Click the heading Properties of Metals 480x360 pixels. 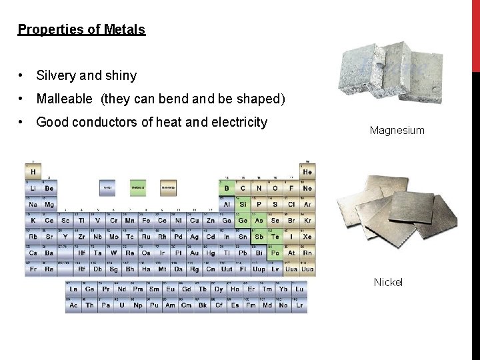(81, 29)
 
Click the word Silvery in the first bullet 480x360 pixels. (56, 75)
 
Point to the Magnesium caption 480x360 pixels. (397, 130)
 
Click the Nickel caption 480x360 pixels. (388, 282)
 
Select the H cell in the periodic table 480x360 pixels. (33, 171)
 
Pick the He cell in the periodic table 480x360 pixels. (307, 171)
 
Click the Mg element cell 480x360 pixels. (49, 204)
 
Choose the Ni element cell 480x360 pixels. (178, 220)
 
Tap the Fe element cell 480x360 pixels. (145, 220)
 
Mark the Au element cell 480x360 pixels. (194, 253)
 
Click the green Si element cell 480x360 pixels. (243, 204)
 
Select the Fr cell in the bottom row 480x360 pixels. (33, 269)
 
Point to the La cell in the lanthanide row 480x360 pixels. (73, 289)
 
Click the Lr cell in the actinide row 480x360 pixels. (300, 305)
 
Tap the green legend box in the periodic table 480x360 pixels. (137, 188)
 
